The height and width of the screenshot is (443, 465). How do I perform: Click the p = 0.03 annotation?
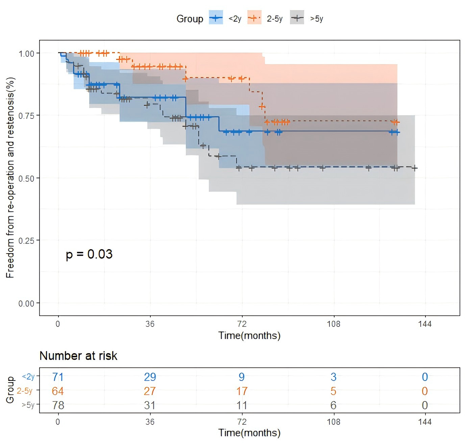coord(89,254)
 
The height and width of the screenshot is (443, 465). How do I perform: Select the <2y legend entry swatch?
coord(216,18)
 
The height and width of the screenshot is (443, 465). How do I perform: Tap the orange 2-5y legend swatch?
coord(254,18)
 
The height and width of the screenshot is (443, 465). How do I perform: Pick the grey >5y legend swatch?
coord(297,18)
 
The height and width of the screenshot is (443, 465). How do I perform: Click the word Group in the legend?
coord(190,19)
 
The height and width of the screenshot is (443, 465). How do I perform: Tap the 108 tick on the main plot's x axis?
coord(334,324)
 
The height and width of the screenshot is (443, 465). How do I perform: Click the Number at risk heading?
coord(78,356)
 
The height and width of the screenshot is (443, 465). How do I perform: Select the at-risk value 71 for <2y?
coord(58,377)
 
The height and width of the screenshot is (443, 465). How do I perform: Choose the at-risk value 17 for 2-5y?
coord(242,391)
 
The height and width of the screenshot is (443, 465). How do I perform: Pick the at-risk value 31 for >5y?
coord(150,405)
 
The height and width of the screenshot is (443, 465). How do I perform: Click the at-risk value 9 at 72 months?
coord(242,377)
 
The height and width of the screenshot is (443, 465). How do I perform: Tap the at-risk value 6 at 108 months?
coord(334,405)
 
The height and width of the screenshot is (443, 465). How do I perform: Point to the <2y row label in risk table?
coord(28,376)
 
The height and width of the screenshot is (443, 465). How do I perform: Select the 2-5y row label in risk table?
coord(25,391)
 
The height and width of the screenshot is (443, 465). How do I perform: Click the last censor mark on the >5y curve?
coord(415,168)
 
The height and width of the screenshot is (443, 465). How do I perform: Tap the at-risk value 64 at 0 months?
coord(58,391)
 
